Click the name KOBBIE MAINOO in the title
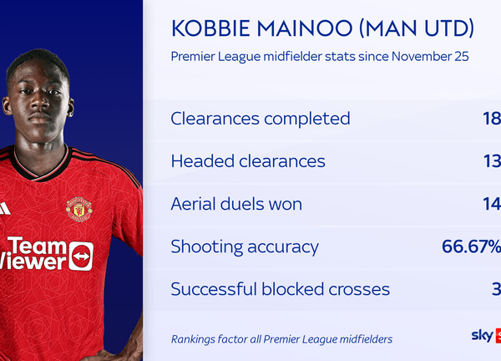tap(255, 29)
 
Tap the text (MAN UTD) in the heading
tap(409, 29)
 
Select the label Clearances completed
tap(260, 119)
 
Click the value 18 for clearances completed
tap(492, 119)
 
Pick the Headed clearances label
tap(248, 161)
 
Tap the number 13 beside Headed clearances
tap(492, 161)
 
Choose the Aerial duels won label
tap(236, 204)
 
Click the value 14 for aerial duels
tap(492, 204)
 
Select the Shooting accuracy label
tap(245, 247)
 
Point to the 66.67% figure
tap(471, 247)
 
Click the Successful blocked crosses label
tap(280, 289)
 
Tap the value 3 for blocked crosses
tap(496, 289)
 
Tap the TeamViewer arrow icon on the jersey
tap(81, 256)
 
